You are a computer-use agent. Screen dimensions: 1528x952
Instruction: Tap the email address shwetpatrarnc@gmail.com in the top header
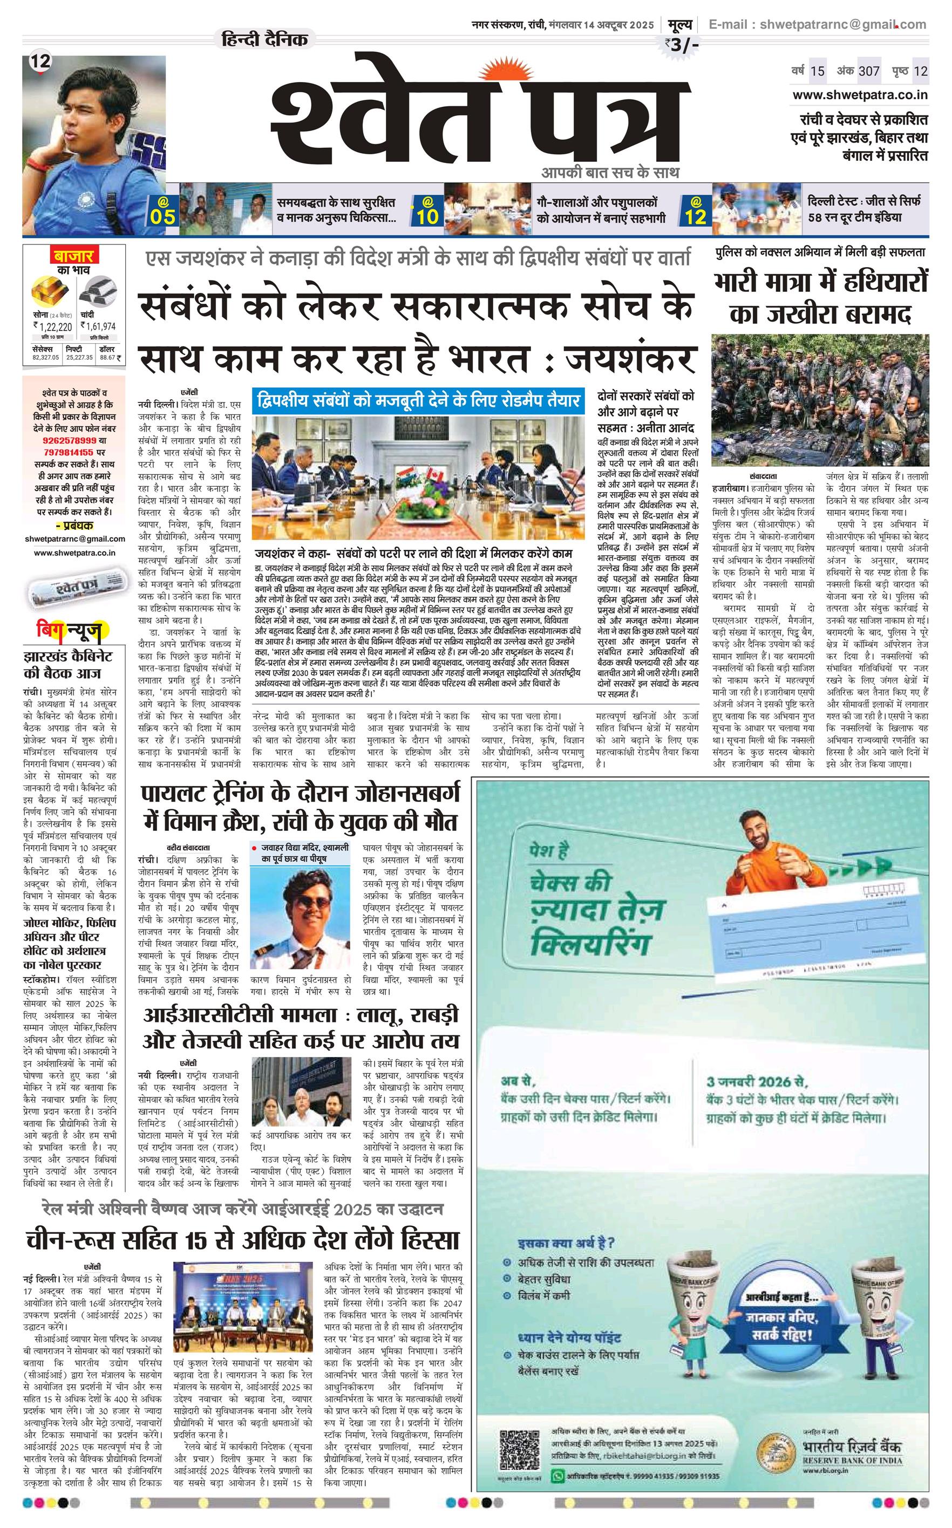pyautogui.click(x=817, y=24)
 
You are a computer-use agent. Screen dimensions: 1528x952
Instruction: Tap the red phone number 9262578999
pyautogui.click(x=70, y=440)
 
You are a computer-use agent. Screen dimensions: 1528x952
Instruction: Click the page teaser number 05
pyautogui.click(x=162, y=216)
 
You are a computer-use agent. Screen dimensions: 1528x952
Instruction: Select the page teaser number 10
pyautogui.click(x=427, y=216)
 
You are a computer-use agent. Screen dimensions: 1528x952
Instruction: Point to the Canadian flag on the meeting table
pyautogui.click(x=434, y=476)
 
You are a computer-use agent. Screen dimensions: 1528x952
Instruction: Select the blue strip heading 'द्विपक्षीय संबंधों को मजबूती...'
pyautogui.click(x=419, y=400)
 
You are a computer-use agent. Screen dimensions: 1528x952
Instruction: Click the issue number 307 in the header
pyautogui.click(x=869, y=71)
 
